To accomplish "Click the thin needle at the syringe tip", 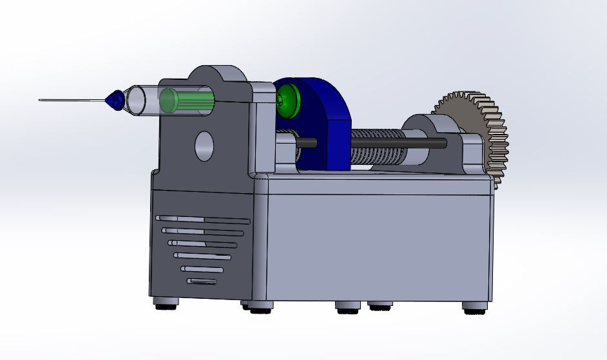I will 71,100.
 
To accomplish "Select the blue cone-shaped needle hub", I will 114,100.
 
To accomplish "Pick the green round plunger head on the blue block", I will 287,101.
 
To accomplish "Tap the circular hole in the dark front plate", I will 204,146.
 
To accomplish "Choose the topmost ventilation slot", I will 202,219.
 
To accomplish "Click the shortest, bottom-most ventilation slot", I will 202,281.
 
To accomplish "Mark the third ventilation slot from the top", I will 202,243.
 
